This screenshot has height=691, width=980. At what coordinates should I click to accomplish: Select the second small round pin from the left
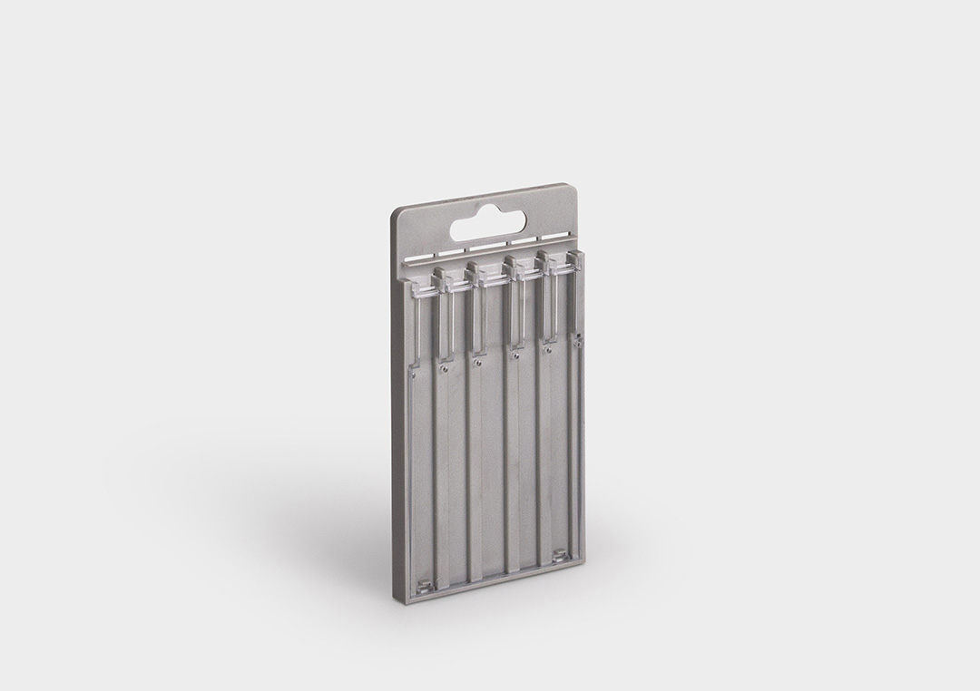tap(444, 368)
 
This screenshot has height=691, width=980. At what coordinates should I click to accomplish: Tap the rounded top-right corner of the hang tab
tap(573, 190)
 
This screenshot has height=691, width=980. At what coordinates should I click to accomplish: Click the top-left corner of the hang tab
tap(396, 212)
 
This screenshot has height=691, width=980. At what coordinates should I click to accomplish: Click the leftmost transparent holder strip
tap(416, 317)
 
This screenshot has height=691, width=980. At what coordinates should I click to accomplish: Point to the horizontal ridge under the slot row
tap(490, 258)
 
